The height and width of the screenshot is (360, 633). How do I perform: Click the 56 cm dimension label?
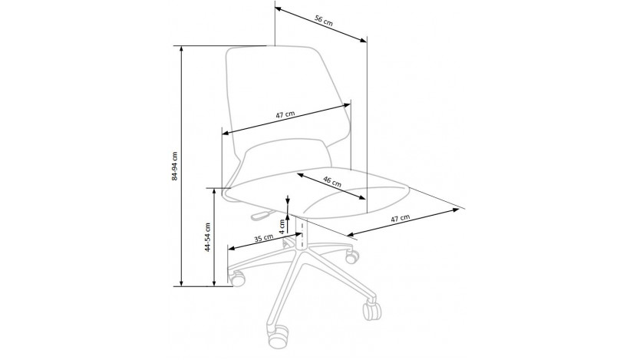coord(324,21)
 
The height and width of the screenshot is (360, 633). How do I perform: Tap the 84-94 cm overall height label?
coord(174,166)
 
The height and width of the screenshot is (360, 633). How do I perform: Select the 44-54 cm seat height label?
coord(207,237)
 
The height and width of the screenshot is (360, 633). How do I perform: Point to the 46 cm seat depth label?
coord(332,181)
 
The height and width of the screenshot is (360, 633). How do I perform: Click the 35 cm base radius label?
coord(263,238)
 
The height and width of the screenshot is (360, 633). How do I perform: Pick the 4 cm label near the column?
coord(282,226)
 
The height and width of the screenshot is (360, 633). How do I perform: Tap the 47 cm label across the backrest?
coord(285,114)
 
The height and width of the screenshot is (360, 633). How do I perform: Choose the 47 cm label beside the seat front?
coord(400,219)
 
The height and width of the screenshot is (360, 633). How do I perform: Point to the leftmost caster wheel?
coord(237,279)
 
